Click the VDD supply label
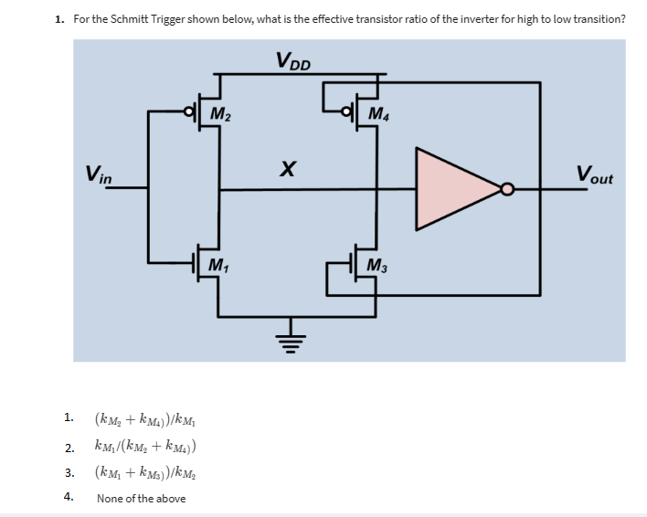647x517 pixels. click(292, 61)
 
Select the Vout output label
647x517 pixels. click(594, 173)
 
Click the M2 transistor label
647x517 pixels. click(220, 114)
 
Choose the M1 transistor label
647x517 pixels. click(219, 266)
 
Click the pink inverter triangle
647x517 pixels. click(451, 189)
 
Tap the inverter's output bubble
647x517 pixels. click(506, 190)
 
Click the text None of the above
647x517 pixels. click(141, 498)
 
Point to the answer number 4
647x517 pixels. click(68, 497)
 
